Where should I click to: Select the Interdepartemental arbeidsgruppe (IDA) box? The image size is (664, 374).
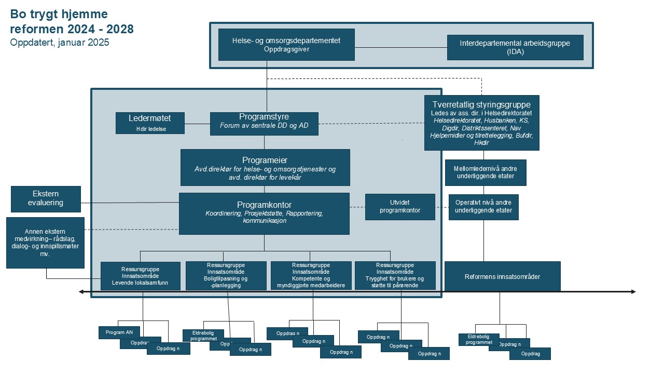click(515, 47)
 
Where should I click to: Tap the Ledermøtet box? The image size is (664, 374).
click(149, 123)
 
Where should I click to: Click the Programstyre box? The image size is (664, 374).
click(264, 124)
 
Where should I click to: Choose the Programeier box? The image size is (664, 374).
click(265, 167)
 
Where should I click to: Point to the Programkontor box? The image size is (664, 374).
click(264, 213)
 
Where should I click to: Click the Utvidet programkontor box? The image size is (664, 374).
click(399, 207)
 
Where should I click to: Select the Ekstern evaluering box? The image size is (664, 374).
click(46, 199)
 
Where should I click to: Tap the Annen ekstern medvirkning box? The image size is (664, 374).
click(45, 243)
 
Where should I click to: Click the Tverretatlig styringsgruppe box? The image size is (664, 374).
click(481, 123)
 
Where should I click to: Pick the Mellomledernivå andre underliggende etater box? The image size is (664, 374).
click(486, 172)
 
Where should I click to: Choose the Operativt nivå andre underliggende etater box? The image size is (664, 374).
click(483, 207)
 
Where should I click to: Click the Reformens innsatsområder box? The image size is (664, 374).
click(502, 276)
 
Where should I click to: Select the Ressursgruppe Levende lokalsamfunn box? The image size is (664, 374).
click(140, 276)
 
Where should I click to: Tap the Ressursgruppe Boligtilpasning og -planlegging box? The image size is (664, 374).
click(226, 275)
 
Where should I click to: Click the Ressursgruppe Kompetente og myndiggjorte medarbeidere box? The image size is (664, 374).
click(310, 275)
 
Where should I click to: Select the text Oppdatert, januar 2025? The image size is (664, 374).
click(60, 43)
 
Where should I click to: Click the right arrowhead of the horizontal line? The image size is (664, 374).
click(633, 292)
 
